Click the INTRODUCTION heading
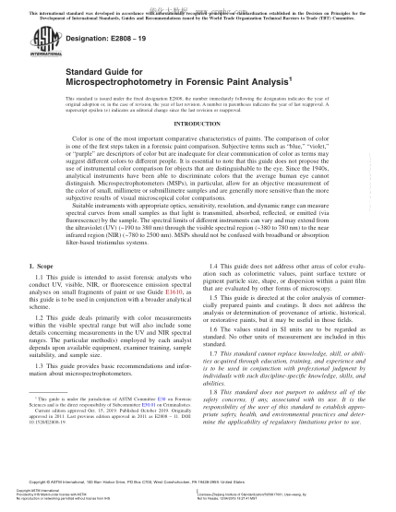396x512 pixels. point(197,148)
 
